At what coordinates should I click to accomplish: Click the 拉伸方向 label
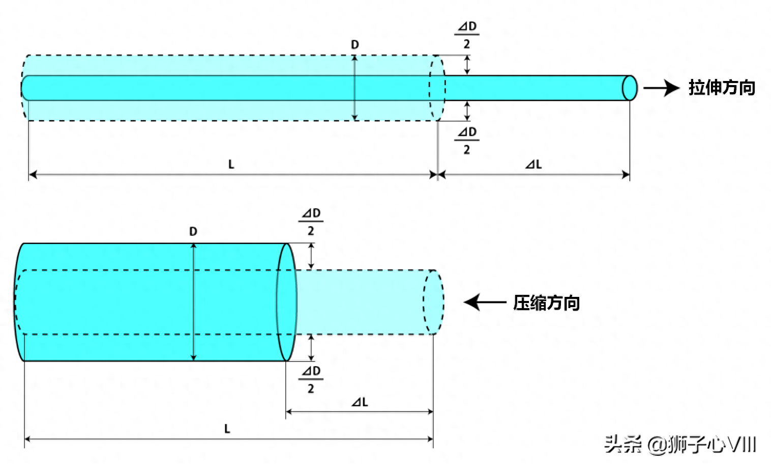pyautogui.click(x=721, y=88)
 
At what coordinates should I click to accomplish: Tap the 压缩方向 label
pyautogui.click(x=546, y=303)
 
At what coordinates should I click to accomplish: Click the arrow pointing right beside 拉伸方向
pyautogui.click(x=661, y=88)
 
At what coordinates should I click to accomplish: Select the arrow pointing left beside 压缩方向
pyautogui.click(x=484, y=302)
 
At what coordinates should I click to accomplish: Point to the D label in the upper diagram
pyautogui.click(x=355, y=45)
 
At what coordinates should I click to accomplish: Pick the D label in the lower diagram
pyautogui.click(x=193, y=232)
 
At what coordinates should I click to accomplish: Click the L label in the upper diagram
pyautogui.click(x=231, y=164)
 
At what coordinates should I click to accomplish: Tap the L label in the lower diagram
pyautogui.click(x=227, y=429)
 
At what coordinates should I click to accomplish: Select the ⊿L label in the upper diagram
pyautogui.click(x=533, y=164)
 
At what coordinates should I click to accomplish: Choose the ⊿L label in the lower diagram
pyautogui.click(x=360, y=402)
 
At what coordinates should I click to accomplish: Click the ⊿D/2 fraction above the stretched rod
pyautogui.click(x=467, y=35)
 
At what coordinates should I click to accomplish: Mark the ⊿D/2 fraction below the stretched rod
pyautogui.click(x=467, y=141)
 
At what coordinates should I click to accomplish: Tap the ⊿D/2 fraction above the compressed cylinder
pyautogui.click(x=311, y=222)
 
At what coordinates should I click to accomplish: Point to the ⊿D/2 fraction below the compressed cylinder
pyautogui.click(x=311, y=379)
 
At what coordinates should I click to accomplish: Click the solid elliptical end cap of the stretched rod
pyautogui.click(x=630, y=88)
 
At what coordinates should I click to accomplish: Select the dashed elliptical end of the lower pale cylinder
pyautogui.click(x=433, y=302)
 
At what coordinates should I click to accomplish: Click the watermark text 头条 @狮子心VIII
pyautogui.click(x=680, y=445)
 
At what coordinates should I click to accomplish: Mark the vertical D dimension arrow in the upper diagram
pyautogui.click(x=355, y=88)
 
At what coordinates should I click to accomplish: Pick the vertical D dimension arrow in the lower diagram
pyautogui.click(x=193, y=302)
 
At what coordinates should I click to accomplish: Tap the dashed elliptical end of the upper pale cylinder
pyautogui.click(x=437, y=88)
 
